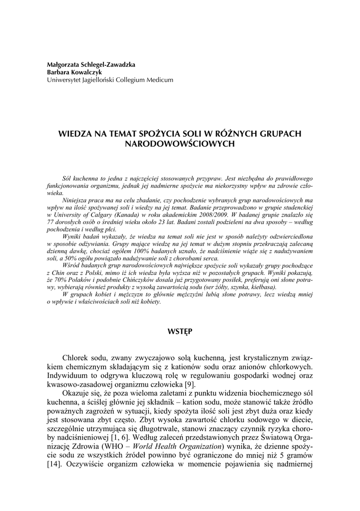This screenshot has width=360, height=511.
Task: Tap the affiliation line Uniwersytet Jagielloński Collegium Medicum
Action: pyautogui.click(x=107, y=79)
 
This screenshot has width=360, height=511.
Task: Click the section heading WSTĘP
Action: pyautogui.click(x=180, y=331)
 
